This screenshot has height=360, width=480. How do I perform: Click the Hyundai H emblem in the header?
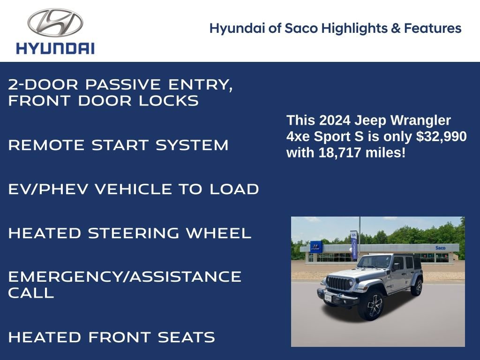point(55,22)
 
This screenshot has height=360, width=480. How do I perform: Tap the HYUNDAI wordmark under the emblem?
point(55,48)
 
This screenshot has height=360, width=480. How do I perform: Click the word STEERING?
point(134,233)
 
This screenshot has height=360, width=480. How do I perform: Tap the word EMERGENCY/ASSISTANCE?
point(125,277)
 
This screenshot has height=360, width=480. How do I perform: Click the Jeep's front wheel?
point(371,305)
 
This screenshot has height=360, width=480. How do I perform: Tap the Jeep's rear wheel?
point(416,287)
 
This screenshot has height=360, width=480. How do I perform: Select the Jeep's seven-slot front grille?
point(338,283)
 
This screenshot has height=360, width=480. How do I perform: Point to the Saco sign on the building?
point(440,247)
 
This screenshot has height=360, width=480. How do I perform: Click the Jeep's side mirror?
point(396,266)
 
